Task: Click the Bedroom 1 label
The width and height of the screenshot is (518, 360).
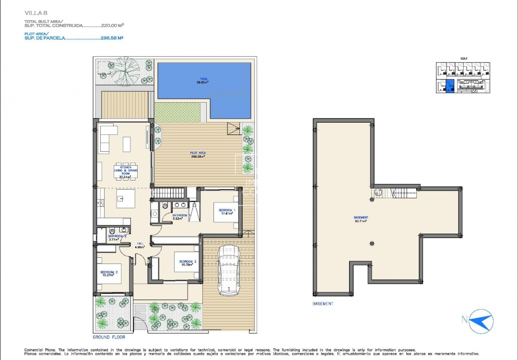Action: coord(226,211)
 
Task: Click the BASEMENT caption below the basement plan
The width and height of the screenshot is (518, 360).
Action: coord(323,303)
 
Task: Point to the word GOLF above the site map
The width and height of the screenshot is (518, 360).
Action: coord(463,59)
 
